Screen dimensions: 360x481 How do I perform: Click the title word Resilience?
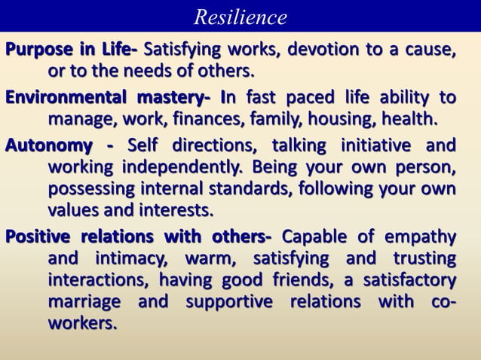[x=240, y=16]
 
